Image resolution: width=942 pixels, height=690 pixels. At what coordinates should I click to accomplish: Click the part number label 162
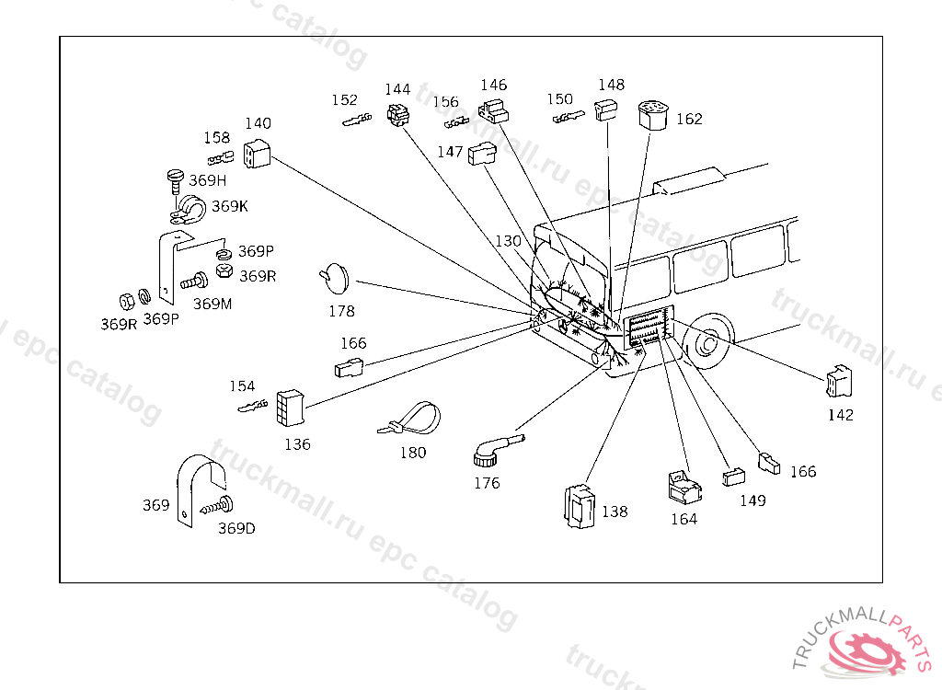coord(689,119)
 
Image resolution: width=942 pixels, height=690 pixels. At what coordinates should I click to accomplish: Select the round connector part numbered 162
coord(653,115)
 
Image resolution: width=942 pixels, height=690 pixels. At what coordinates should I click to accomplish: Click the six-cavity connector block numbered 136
coord(290,408)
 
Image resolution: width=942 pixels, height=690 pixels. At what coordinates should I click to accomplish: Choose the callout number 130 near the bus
coord(508,241)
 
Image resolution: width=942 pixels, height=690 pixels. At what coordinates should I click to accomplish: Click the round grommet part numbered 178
coord(335,278)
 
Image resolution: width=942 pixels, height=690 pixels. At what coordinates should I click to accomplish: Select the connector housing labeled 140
coord(257,154)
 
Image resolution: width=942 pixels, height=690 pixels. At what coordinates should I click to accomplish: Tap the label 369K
coord(229,206)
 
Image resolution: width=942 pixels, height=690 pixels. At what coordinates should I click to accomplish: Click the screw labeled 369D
coord(217,506)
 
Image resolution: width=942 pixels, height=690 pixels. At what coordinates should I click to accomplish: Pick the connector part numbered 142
coord(839,382)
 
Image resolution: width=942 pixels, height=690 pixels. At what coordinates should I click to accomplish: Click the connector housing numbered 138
coord(580,507)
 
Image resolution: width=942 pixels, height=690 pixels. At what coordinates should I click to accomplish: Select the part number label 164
coord(684,519)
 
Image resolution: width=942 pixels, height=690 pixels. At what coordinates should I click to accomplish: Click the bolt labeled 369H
coord(175,181)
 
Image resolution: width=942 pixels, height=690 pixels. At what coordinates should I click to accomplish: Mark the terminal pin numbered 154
coord(252,407)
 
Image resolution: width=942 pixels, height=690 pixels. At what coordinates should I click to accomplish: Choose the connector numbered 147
coord(482,154)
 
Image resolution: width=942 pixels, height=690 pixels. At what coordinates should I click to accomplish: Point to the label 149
coord(752,500)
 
